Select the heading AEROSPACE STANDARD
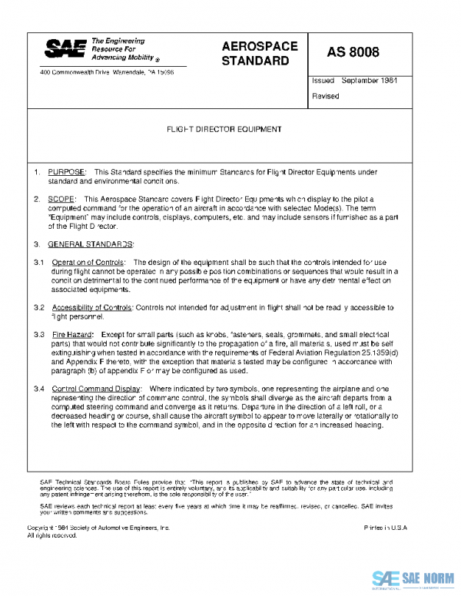pos(259,53)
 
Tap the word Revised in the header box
pos(325,96)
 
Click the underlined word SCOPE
pos(62,199)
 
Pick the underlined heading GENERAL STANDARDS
pos(91,244)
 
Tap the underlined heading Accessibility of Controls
pos(92,307)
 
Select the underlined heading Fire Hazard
pos(72,335)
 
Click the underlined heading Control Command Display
pos(96,389)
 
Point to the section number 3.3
pos(38,335)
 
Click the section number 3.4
pos(38,389)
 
